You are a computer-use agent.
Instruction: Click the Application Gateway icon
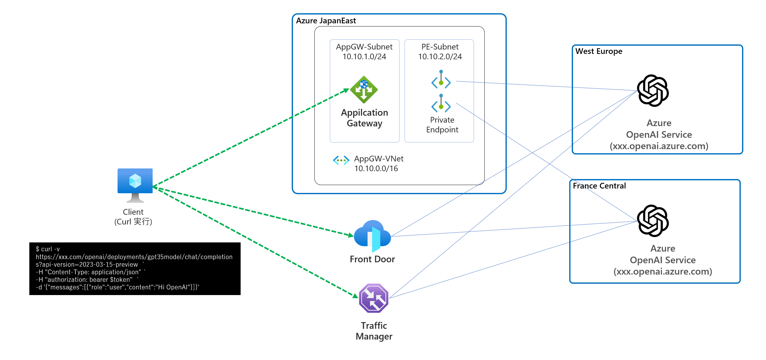tap(364, 90)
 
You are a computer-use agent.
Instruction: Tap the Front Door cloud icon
tap(372, 236)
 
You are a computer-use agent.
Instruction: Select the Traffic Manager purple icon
tap(374, 298)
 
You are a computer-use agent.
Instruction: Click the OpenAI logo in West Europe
tap(653, 90)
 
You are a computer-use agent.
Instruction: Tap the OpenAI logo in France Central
tap(653, 221)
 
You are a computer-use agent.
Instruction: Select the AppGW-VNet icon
tap(341, 160)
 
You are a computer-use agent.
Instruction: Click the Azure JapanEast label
tap(326, 21)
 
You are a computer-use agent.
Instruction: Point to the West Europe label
tap(599, 51)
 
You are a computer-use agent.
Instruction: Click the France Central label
tap(599, 186)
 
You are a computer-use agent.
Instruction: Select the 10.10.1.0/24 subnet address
tap(364, 57)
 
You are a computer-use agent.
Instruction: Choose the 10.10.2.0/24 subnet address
tap(440, 57)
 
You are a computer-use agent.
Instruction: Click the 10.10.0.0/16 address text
tap(376, 169)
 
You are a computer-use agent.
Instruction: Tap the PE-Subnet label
tap(440, 47)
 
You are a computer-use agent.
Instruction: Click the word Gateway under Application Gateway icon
tap(365, 124)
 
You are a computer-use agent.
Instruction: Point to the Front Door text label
tap(372, 259)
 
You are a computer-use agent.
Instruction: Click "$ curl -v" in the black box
tap(48, 249)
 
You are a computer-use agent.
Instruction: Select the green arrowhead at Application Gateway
tap(346, 91)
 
